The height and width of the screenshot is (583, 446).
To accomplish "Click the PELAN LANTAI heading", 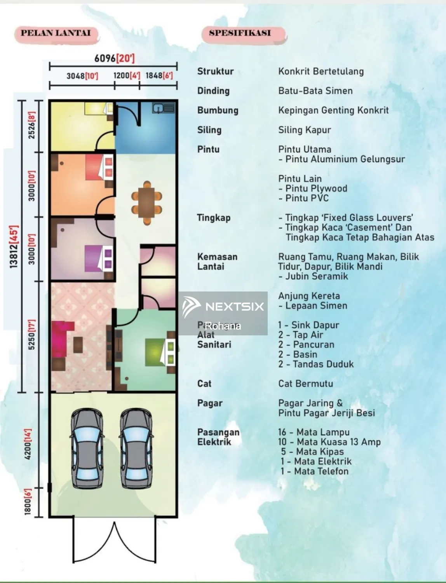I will point(56,33).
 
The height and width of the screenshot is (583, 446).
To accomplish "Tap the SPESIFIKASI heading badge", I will point(240,33).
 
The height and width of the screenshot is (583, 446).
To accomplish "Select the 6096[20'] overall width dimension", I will point(114,58).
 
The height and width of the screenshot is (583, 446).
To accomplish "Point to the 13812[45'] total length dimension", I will point(14,246).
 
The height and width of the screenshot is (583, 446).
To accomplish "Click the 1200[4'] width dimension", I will point(126,75).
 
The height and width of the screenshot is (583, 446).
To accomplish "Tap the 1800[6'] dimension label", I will point(28,502).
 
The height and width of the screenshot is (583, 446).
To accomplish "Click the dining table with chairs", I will point(146,202).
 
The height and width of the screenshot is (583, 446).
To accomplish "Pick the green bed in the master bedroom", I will point(159,352).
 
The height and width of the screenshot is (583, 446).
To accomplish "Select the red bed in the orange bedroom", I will point(99,167).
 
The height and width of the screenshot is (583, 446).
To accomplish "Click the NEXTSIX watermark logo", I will point(224,306).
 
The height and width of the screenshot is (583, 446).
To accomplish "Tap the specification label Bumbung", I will point(218,110).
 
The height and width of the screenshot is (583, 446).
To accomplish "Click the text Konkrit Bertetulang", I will point(321,72).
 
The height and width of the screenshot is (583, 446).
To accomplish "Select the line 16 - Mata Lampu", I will point(314,432).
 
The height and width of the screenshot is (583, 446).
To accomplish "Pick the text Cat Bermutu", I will point(305,384).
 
